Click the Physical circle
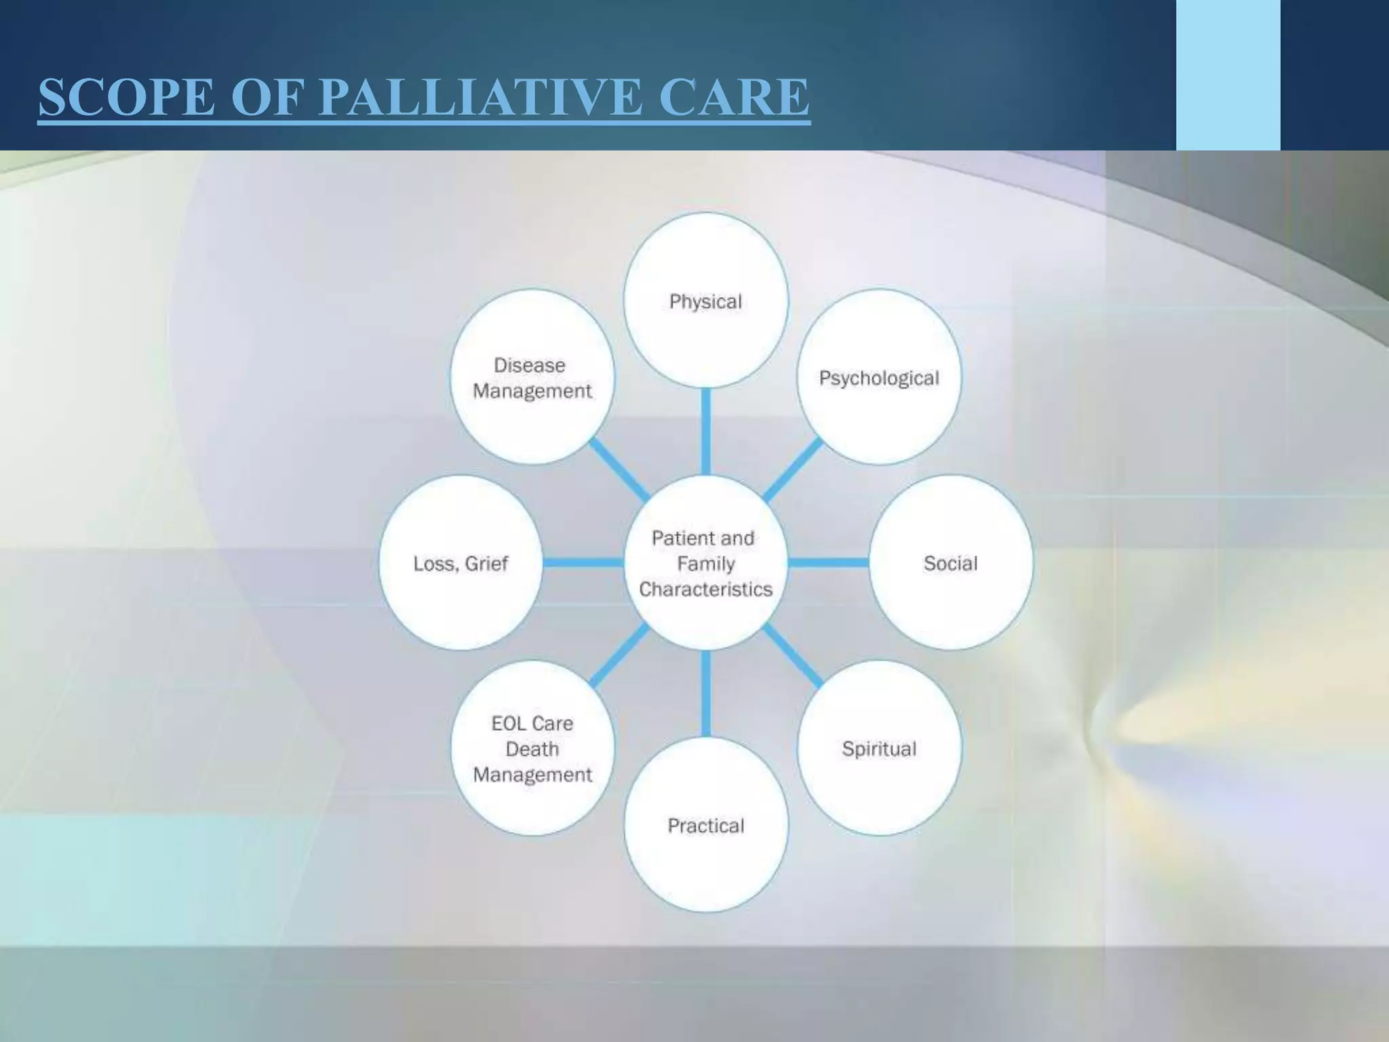pyautogui.click(x=705, y=301)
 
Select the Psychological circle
pyautogui.click(x=879, y=377)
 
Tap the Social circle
pyautogui.click(x=951, y=562)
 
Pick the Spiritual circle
pyautogui.click(x=879, y=748)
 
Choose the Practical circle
pyautogui.click(x=705, y=825)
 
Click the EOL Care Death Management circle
pyautogui.click(x=532, y=748)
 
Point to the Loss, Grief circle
pyautogui.click(x=461, y=562)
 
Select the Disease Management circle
pyautogui.click(x=532, y=377)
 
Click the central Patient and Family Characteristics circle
pyautogui.click(x=705, y=562)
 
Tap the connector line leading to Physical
pyautogui.click(x=705, y=431)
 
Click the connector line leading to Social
pyautogui.click(x=829, y=562)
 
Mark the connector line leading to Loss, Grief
pyautogui.click(x=583, y=562)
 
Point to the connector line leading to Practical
pyautogui.click(x=705, y=693)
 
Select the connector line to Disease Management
pyautogui.click(x=618, y=469)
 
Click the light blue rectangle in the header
pyautogui.click(x=1228, y=75)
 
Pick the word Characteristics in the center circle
pyautogui.click(x=705, y=589)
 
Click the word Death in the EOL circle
pyautogui.click(x=532, y=749)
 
